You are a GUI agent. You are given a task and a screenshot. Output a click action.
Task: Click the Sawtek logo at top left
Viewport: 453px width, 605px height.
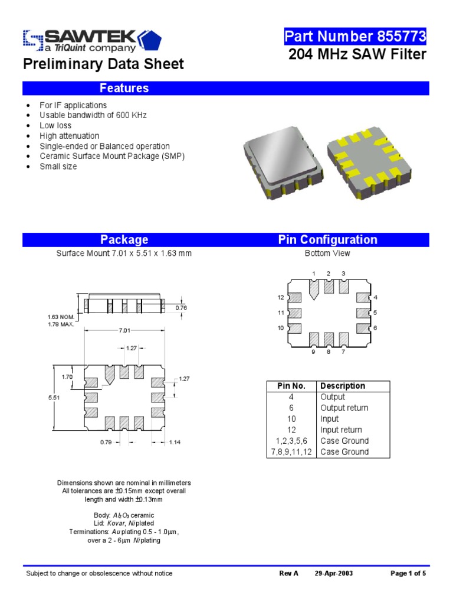(88, 41)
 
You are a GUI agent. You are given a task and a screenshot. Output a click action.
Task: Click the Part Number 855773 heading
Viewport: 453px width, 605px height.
(355, 37)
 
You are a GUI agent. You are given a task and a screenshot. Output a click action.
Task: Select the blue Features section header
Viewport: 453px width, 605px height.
(124, 88)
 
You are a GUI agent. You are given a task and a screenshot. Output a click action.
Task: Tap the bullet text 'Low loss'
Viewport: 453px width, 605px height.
(55, 125)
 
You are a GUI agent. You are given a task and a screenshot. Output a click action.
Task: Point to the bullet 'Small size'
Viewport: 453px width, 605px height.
(58, 167)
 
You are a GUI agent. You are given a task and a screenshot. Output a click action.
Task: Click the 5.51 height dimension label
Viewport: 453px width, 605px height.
(54, 398)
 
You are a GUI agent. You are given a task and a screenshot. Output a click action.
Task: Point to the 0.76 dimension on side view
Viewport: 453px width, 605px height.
(181, 307)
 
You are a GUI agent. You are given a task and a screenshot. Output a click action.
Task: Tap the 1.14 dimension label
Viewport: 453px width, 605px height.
(175, 442)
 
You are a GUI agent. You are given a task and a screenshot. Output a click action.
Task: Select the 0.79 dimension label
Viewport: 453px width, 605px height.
(106, 442)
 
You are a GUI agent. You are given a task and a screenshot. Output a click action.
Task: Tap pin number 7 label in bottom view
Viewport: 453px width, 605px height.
(343, 352)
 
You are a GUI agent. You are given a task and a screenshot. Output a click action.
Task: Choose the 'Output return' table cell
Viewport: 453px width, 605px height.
(344, 408)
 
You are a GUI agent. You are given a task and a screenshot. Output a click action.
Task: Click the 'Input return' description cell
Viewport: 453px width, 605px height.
(341, 430)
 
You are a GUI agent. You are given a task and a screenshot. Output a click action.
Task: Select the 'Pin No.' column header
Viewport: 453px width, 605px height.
(291, 386)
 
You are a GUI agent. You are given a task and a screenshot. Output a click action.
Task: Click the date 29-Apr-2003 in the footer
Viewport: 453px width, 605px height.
(334, 573)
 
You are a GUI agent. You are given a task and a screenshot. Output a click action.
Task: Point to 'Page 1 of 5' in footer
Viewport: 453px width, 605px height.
(408, 573)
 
